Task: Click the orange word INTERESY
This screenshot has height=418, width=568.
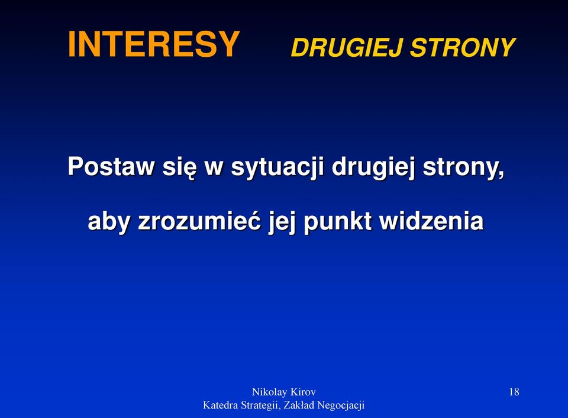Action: [154, 44]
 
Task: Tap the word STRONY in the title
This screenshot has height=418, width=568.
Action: [463, 47]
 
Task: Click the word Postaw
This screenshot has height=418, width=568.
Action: [111, 166]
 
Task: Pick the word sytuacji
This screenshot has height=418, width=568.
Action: [277, 168]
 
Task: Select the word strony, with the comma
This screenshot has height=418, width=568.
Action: [463, 168]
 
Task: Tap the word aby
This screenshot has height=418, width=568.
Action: [108, 222]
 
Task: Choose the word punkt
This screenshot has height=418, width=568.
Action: [338, 222]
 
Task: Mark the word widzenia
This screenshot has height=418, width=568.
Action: [431, 220]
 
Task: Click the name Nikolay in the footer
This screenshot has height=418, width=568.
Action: [270, 392]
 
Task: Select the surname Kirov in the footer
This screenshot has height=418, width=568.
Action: [303, 391]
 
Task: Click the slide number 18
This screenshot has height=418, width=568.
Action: [514, 391]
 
